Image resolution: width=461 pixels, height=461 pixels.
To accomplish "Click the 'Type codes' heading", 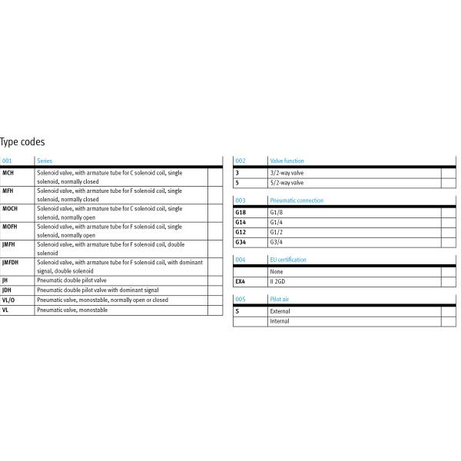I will click(22, 142).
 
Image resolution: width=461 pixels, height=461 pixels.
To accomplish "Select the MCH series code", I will click(8, 174).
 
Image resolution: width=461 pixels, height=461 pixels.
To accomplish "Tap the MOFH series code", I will click(11, 227).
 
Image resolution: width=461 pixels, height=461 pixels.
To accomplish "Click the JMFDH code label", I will click(12, 263).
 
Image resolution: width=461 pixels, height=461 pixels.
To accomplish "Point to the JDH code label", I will click(7, 290).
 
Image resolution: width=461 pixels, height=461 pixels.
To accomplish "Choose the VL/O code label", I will click(8, 300).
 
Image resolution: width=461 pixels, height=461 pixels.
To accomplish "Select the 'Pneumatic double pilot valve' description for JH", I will click(71, 281).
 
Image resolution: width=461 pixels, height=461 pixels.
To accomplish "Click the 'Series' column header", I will click(45, 161).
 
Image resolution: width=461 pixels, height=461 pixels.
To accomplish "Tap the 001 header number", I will click(8, 161).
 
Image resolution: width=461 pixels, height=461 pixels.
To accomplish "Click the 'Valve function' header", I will click(287, 161).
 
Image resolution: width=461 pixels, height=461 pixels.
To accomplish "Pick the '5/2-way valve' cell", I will click(287, 183).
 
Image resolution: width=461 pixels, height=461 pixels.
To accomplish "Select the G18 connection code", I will click(240, 212).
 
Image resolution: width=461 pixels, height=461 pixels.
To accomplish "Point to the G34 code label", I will click(240, 242).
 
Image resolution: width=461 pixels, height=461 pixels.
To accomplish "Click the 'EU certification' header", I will click(288, 260).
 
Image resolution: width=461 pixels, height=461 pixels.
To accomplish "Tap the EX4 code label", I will click(240, 282).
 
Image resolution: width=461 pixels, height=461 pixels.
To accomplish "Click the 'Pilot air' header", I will click(279, 300).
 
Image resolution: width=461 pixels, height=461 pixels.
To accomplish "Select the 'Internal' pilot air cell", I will click(280, 321).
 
